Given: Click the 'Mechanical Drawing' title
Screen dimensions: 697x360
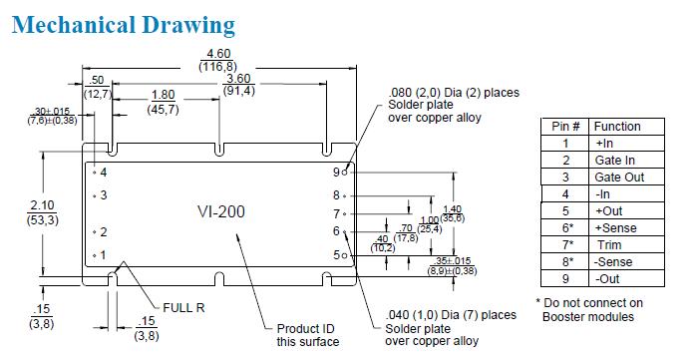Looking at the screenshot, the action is pyautogui.click(x=123, y=25).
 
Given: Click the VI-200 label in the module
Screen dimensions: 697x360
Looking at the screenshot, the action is pyautogui.click(x=221, y=211).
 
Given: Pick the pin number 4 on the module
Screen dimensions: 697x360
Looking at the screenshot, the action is pyautogui.click(x=104, y=172).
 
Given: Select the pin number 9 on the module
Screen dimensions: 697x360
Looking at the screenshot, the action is pyautogui.click(x=336, y=172).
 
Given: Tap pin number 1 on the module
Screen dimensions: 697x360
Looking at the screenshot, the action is pyautogui.click(x=103, y=255).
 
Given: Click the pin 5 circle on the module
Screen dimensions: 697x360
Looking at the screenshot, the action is pyautogui.click(x=344, y=255).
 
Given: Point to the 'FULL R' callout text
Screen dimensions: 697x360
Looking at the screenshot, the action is pyautogui.click(x=183, y=307).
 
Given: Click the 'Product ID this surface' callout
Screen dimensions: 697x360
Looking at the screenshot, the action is pyautogui.click(x=307, y=335).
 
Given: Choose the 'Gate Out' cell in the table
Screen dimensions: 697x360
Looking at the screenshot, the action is pyautogui.click(x=619, y=178).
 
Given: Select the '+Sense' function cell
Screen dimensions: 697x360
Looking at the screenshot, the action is pyautogui.click(x=615, y=228).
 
